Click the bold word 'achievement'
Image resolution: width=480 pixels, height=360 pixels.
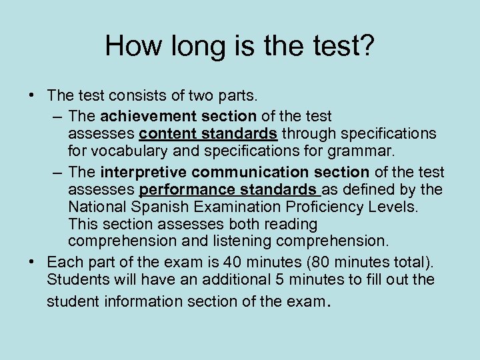[140, 117]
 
